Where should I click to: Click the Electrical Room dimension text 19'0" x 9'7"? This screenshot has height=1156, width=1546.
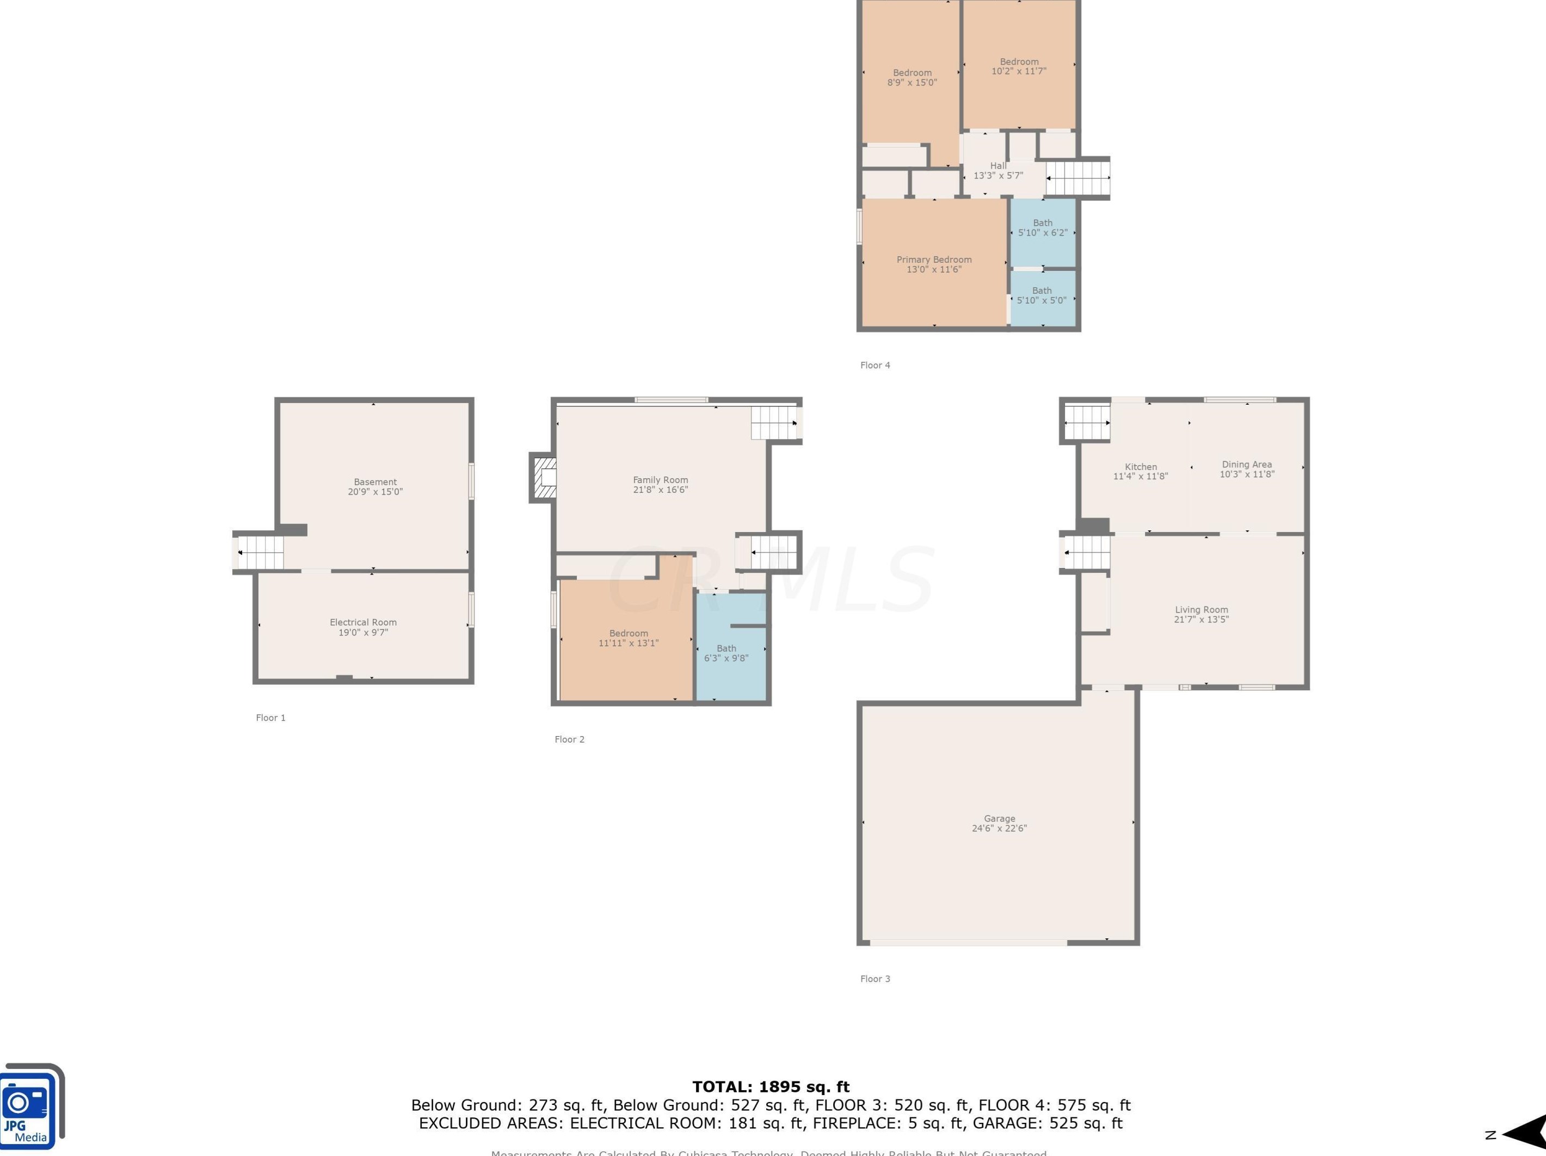pyautogui.click(x=363, y=632)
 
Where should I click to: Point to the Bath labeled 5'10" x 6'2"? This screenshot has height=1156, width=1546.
pyautogui.click(x=1042, y=228)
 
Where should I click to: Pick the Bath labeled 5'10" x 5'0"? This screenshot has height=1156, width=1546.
pyautogui.click(x=1042, y=295)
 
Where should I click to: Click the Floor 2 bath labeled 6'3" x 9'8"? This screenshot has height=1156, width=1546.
pyautogui.click(x=726, y=653)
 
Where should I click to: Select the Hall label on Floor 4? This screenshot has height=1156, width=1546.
pyautogui.click(x=998, y=165)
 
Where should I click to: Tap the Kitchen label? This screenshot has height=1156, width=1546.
pyautogui.click(x=1141, y=467)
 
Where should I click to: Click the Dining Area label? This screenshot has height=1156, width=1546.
pyautogui.click(x=1247, y=464)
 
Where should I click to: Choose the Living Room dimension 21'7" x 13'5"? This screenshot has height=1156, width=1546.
pyautogui.click(x=1201, y=619)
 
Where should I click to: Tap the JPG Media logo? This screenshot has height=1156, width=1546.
pyautogui.click(x=32, y=1107)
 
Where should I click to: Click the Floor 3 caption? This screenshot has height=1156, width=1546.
pyautogui.click(x=875, y=979)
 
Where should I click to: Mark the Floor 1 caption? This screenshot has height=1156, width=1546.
pyautogui.click(x=270, y=718)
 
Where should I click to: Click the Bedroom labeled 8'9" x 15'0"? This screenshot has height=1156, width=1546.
pyautogui.click(x=912, y=78)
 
